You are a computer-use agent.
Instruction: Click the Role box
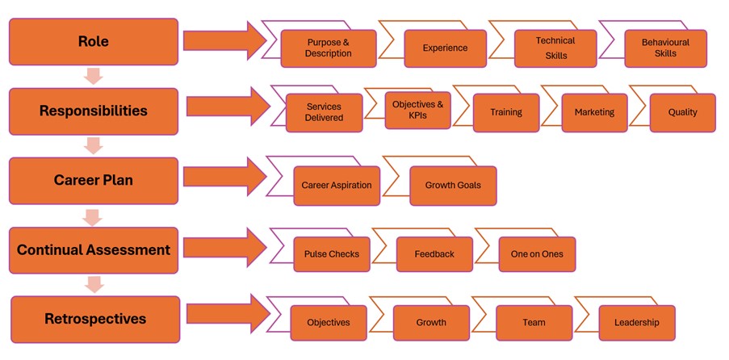click(x=93, y=41)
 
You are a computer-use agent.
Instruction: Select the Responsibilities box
click(x=93, y=111)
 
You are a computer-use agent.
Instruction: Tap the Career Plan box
click(x=93, y=180)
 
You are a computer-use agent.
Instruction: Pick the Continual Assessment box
click(x=93, y=250)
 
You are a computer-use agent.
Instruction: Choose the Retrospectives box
click(x=94, y=319)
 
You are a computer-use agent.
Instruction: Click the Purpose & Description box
click(x=329, y=48)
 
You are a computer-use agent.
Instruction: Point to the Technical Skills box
click(x=555, y=48)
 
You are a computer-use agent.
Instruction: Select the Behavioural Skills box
click(x=665, y=48)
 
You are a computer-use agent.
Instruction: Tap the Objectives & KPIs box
click(x=417, y=111)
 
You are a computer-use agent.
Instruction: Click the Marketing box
click(x=594, y=113)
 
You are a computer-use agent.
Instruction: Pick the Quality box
click(x=682, y=113)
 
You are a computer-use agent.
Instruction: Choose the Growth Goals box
click(x=452, y=186)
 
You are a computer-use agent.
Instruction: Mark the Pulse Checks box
click(x=331, y=254)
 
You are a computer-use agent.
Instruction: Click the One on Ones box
click(x=537, y=254)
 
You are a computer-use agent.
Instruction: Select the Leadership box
click(x=636, y=323)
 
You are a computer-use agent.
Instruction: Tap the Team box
click(x=534, y=323)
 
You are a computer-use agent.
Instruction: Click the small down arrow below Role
click(x=93, y=77)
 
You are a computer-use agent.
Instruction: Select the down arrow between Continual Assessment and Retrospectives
click(x=93, y=284)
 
